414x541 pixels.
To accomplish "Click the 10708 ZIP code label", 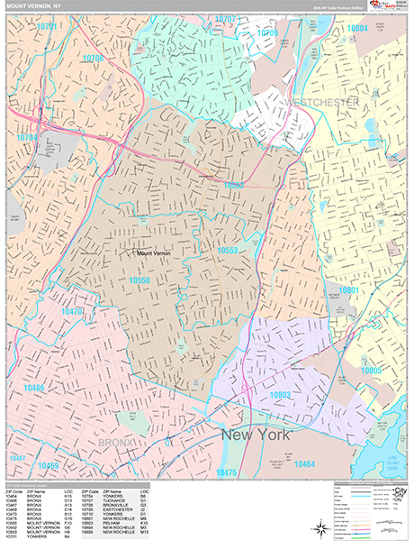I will pyautogui.click(x=94, y=59).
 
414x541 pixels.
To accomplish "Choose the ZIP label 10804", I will pyautogui.click(x=357, y=29).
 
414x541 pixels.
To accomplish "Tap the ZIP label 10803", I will pyautogui.click(x=280, y=394).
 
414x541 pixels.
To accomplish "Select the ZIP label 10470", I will pyautogui.click(x=72, y=311).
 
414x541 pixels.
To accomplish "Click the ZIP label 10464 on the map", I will pyautogui.click(x=304, y=463).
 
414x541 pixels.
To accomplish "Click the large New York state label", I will pyautogui.click(x=256, y=435).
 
